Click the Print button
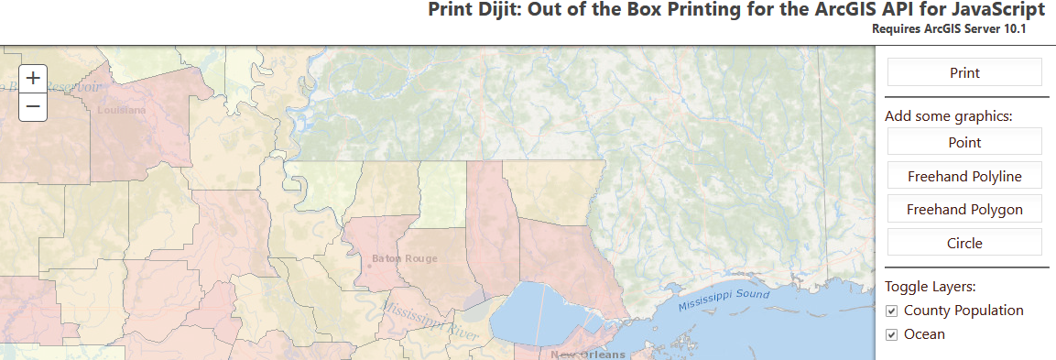click(964, 72)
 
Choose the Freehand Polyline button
click(964, 176)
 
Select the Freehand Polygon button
click(964, 210)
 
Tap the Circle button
click(964, 243)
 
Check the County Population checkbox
click(891, 311)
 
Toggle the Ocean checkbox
click(891, 334)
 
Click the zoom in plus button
click(33, 78)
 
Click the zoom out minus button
click(33, 106)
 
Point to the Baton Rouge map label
click(404, 258)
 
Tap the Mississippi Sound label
click(724, 300)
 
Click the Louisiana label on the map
click(121, 110)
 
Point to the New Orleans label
click(587, 355)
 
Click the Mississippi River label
click(430, 321)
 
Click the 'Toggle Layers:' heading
click(931, 286)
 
